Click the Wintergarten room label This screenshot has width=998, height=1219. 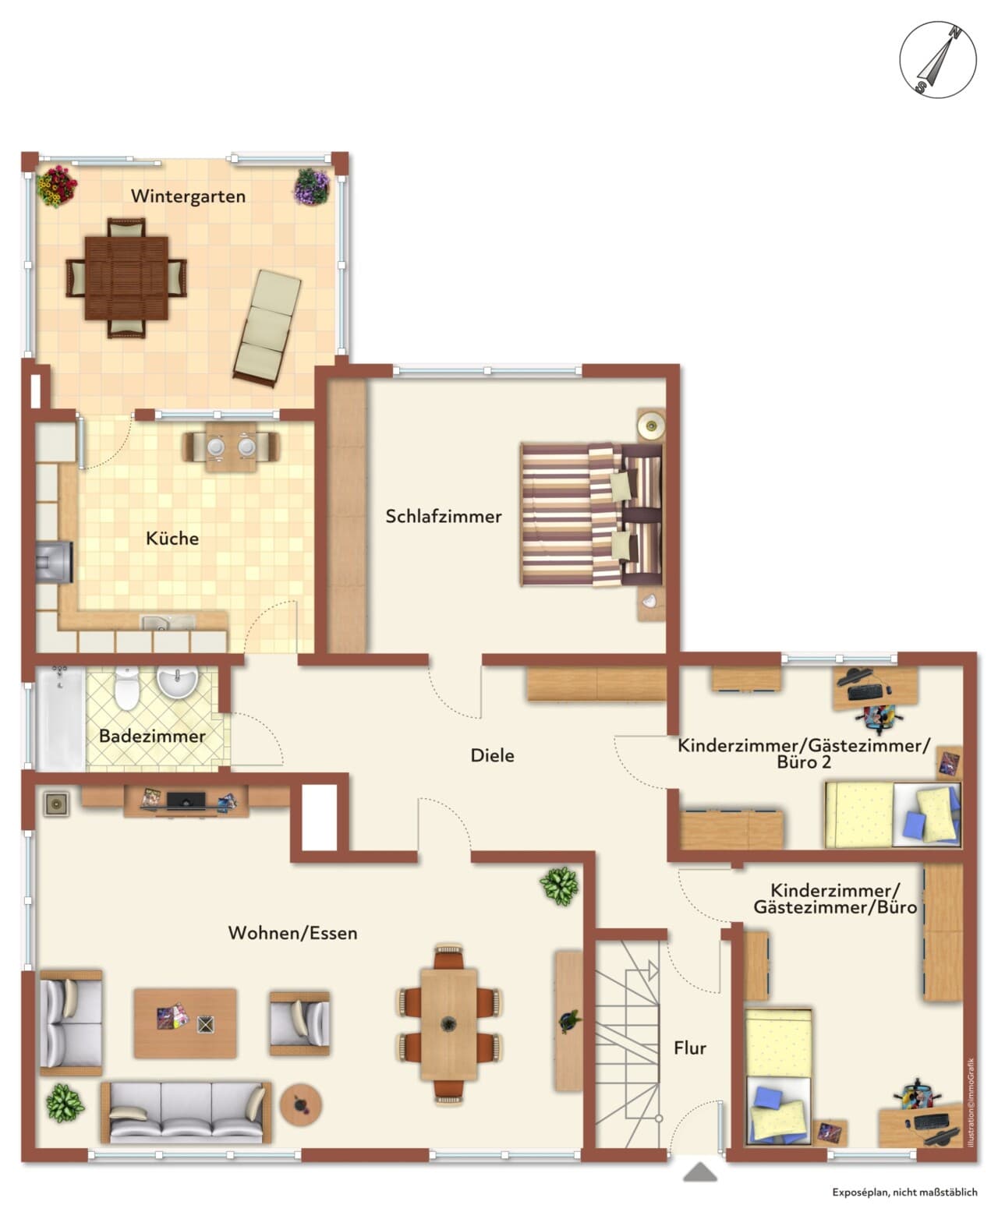coord(188,196)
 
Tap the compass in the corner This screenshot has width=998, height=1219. coord(937,59)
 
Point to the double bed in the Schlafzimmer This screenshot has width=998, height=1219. coord(592,515)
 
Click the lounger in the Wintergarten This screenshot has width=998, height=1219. coord(267,327)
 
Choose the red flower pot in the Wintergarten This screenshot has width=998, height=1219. coord(57,186)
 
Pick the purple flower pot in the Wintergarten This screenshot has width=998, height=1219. coord(312,186)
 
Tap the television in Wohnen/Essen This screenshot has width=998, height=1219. coord(186,800)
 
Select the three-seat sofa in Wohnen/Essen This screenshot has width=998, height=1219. coord(186,1113)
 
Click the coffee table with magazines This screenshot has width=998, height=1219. coord(185,1023)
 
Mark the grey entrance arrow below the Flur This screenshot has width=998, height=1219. coord(700,1171)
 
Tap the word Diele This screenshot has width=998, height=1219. coord(492,755)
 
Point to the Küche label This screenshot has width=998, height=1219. coord(172,539)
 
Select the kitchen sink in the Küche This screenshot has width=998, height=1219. coord(168,623)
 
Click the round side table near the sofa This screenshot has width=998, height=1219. coord(301,1104)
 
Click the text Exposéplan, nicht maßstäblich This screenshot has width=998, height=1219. coord(904,1192)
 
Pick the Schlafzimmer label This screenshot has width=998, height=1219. coord(444,516)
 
